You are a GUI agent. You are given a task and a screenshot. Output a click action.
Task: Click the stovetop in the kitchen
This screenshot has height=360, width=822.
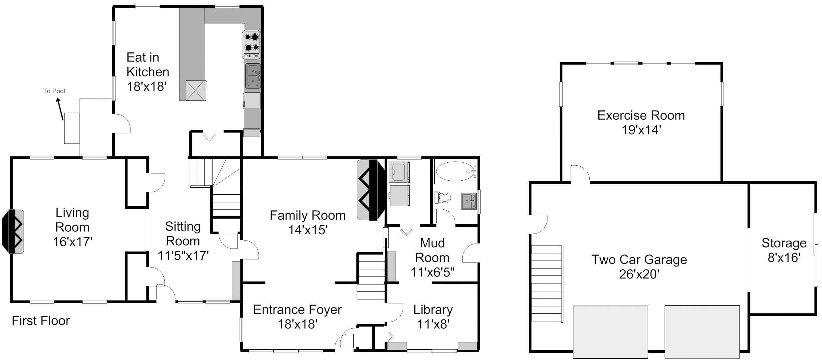point(252,45)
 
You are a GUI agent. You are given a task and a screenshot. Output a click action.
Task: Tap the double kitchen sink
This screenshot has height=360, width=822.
point(253,76)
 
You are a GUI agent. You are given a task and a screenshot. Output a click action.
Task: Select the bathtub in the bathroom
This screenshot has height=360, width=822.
point(455,171)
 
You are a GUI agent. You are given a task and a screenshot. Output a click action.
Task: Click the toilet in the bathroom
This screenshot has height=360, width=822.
point(442,198)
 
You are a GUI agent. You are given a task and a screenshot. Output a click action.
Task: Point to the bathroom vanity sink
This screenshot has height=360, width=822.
point(469,201)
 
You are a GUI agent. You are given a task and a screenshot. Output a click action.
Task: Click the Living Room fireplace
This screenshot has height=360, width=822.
point(13,232)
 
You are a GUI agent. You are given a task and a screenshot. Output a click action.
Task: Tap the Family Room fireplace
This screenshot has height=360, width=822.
point(371,190)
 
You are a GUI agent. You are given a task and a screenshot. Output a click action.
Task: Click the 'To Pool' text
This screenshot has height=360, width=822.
point(54,91)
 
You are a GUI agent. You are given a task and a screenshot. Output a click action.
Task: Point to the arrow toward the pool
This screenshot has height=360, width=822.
point(60,109)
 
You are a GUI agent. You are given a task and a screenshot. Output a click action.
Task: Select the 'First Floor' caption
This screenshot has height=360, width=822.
point(41,321)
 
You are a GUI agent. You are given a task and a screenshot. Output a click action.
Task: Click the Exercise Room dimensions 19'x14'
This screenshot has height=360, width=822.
point(641,130)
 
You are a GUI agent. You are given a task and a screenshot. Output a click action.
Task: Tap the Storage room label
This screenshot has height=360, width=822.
point(784,243)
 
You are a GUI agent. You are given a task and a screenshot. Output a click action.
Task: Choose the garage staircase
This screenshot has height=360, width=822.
point(547,283)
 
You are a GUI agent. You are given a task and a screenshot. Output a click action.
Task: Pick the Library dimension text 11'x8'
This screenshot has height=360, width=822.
point(433,324)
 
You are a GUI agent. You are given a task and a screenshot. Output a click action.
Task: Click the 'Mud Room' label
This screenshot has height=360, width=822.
point(432,250)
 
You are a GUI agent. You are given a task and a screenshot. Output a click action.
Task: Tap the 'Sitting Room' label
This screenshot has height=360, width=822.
point(183,234)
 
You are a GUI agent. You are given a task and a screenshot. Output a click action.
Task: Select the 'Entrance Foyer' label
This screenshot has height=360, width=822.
point(298,309)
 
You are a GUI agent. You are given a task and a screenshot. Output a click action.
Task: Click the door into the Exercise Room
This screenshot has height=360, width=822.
point(580,174)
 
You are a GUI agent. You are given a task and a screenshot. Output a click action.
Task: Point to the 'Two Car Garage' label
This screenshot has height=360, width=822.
point(639,260)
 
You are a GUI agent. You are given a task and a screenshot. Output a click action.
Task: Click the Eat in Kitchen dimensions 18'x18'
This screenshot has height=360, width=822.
point(146,87)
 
